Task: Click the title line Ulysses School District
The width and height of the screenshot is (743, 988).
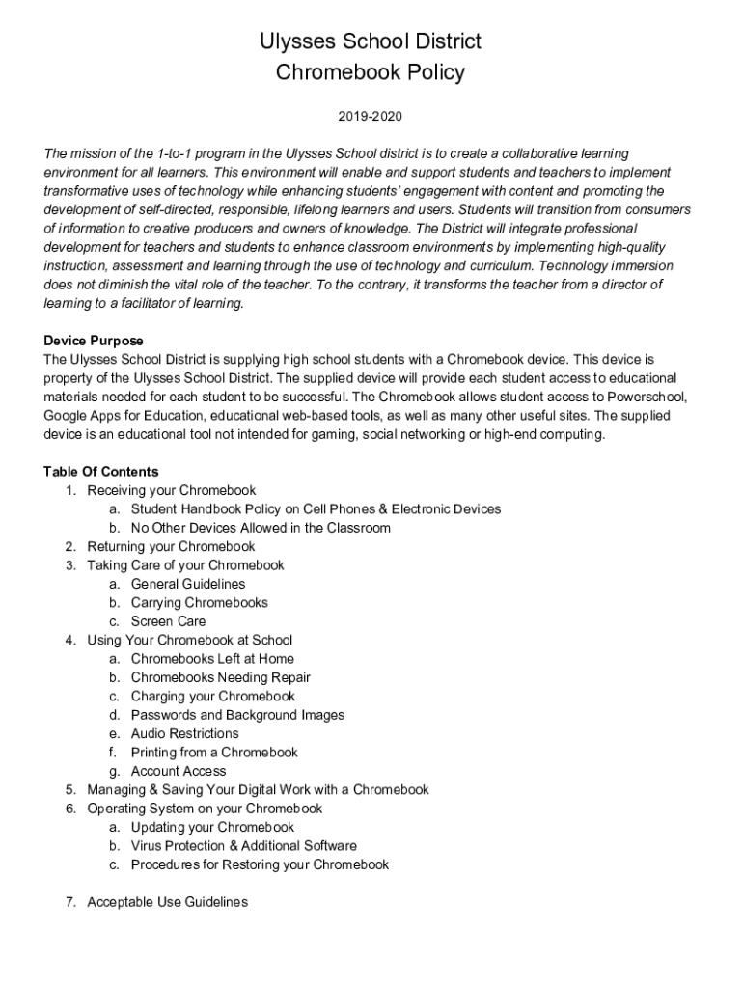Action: click(371, 41)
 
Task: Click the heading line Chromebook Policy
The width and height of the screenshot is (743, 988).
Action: click(371, 72)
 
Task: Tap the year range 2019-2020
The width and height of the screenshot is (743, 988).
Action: click(370, 117)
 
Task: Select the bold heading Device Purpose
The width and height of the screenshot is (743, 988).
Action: click(94, 341)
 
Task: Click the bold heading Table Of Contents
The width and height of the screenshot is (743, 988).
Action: click(101, 472)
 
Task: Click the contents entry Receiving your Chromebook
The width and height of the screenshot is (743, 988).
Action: click(171, 490)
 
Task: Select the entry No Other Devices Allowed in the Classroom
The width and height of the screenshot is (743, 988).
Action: click(261, 528)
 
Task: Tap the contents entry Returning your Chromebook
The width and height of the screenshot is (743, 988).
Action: click(171, 546)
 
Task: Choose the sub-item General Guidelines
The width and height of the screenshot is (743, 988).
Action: click(188, 584)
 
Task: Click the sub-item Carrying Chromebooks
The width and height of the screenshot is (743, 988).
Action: click(200, 602)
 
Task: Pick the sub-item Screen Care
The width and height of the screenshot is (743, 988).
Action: click(168, 621)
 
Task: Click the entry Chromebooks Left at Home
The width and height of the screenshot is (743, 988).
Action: click(212, 659)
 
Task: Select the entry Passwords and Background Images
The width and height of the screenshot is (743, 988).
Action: click(237, 715)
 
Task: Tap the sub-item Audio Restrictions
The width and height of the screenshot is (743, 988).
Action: click(184, 733)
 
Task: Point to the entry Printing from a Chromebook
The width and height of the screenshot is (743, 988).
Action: click(214, 752)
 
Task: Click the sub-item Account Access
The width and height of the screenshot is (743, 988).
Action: click(179, 771)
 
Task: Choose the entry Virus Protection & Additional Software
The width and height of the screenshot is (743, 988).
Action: click(244, 846)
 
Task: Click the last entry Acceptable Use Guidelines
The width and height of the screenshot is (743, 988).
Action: click(167, 902)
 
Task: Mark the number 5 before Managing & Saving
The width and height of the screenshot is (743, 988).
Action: click(70, 789)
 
